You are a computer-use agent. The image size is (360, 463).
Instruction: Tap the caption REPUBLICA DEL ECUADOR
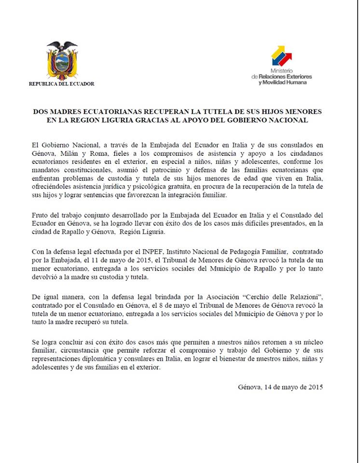tap(62, 84)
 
